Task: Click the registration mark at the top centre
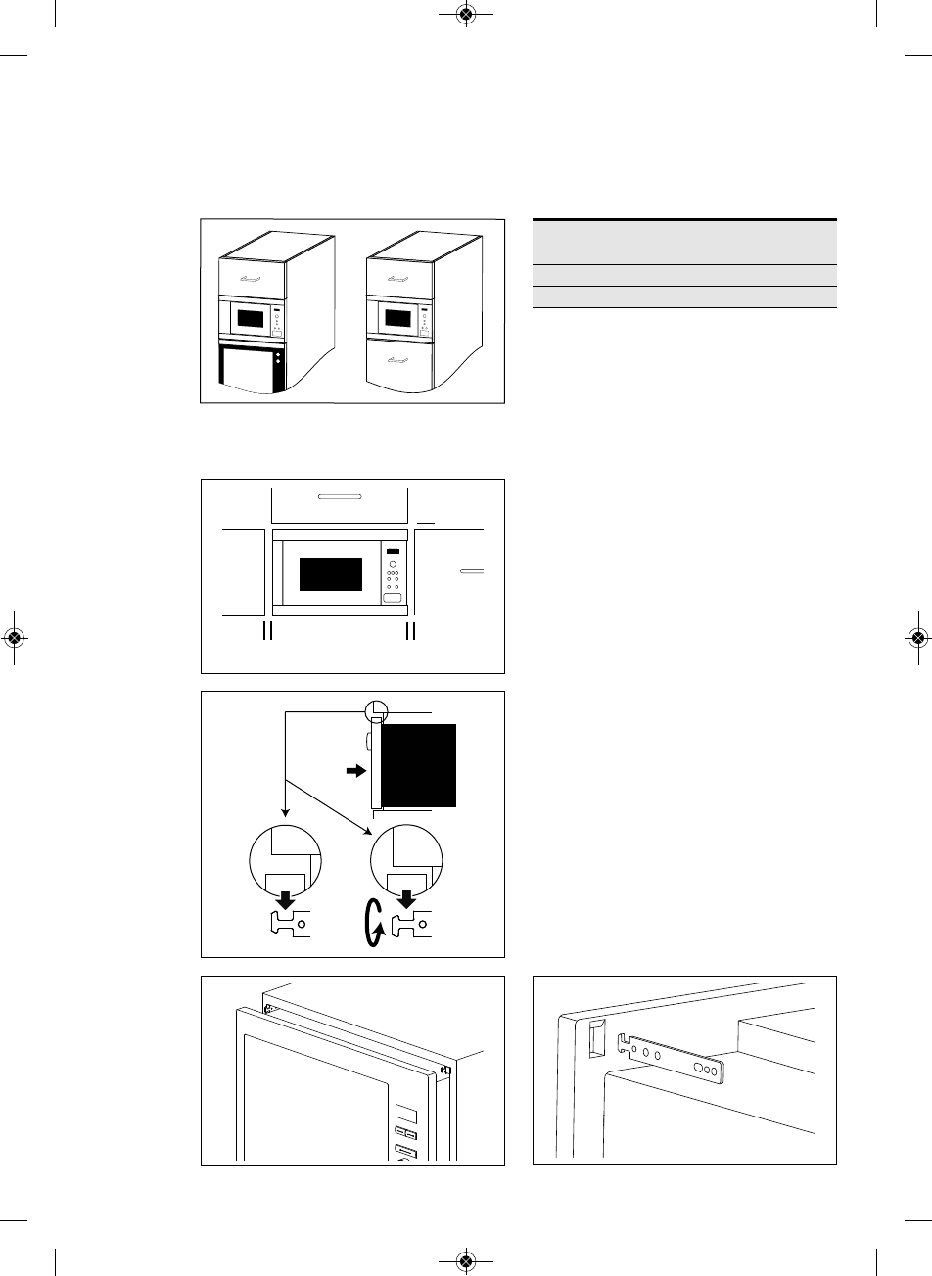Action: coord(466,15)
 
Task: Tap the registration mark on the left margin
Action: coord(14,637)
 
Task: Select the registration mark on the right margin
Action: coord(918,637)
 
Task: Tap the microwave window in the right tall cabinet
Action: coord(396,318)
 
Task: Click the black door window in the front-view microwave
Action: coord(330,573)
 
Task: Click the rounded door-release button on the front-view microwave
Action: coord(393,598)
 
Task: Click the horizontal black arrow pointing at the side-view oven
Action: coord(353,772)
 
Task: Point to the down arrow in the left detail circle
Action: coord(285,898)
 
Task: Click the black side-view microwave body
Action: coord(418,764)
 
